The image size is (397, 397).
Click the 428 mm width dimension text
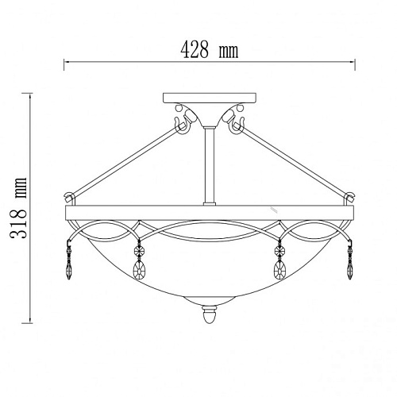[210, 50]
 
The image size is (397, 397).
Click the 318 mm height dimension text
[18, 208]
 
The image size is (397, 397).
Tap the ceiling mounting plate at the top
[210, 98]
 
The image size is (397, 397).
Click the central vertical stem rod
[210, 166]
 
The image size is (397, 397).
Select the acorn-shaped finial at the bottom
[210, 315]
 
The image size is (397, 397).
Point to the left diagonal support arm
[125, 163]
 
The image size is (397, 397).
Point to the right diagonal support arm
[294, 163]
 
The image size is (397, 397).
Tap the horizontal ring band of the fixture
[210, 213]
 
